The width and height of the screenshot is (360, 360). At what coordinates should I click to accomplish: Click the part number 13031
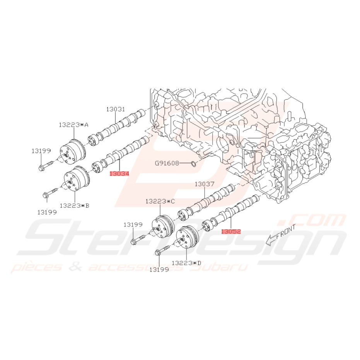click(116, 109)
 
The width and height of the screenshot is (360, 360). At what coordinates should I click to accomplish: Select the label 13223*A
click(73, 125)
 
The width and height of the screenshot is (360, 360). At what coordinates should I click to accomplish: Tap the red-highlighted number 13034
click(119, 174)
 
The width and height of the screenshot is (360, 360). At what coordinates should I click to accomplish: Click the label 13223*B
click(74, 205)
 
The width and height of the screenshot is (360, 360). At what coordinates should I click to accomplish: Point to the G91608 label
click(167, 163)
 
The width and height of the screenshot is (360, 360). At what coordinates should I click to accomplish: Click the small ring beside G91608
click(194, 164)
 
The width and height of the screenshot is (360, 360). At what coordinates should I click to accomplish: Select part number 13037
click(204, 184)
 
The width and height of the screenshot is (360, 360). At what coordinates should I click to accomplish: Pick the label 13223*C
click(160, 201)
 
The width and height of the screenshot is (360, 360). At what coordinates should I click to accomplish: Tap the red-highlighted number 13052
click(231, 231)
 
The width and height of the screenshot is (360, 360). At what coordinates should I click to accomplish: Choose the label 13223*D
click(186, 263)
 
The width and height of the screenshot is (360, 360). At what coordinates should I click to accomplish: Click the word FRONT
click(286, 232)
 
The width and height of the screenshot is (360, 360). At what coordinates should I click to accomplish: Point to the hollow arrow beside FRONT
click(271, 241)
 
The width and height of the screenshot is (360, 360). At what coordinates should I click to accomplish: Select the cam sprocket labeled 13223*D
click(187, 239)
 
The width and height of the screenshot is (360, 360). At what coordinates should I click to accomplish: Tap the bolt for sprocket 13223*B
click(49, 193)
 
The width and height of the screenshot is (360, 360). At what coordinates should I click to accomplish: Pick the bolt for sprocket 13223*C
click(138, 239)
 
